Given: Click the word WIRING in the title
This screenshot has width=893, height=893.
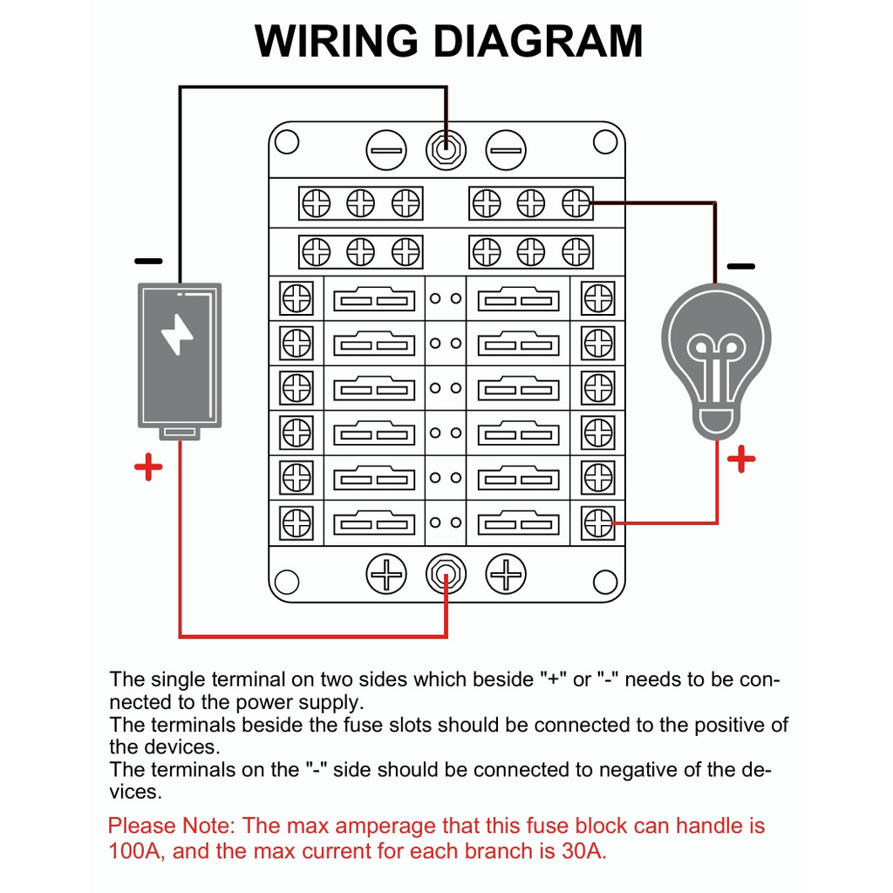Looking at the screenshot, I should pyautogui.click(x=336, y=41).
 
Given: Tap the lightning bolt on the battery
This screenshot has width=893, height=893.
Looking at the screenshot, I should pyautogui.click(x=178, y=334).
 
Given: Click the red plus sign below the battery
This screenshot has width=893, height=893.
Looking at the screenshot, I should pyautogui.click(x=148, y=467).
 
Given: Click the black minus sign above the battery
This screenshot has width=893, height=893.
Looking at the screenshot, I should pyautogui.click(x=148, y=261).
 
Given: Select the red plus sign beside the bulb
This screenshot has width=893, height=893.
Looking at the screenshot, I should pyautogui.click(x=740, y=459).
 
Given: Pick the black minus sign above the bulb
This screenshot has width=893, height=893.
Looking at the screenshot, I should pyautogui.click(x=740, y=265).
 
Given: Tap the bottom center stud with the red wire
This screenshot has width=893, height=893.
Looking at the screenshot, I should pyautogui.click(x=446, y=576).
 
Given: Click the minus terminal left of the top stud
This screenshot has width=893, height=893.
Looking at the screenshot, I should pyautogui.click(x=385, y=150).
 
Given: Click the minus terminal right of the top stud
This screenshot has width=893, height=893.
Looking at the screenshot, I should pyautogui.click(x=506, y=150).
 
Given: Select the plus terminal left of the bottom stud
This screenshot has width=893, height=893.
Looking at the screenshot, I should pyautogui.click(x=385, y=576).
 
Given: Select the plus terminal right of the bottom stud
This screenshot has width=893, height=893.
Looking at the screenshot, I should pyautogui.click(x=506, y=576).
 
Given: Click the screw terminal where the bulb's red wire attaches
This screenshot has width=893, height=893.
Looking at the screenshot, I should pyautogui.click(x=598, y=522).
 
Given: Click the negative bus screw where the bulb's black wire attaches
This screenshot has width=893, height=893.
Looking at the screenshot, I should pyautogui.click(x=576, y=204).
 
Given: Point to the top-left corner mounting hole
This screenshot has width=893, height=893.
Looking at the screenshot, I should pyautogui.click(x=287, y=141).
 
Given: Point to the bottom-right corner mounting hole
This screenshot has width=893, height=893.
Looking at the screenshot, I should pyautogui.click(x=605, y=581).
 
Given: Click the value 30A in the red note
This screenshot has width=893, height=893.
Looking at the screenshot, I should pyautogui.click(x=579, y=851).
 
